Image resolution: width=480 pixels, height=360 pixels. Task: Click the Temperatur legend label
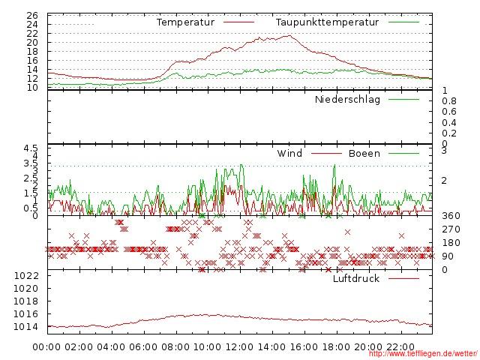185,22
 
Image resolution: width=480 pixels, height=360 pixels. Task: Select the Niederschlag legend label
347,100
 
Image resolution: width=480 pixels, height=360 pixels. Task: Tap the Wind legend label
289,154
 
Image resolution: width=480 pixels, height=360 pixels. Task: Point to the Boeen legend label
364,154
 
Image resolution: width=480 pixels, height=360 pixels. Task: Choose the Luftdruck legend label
356,279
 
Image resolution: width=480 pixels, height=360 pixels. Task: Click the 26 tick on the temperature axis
32,15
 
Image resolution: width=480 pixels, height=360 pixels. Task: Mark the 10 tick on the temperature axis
32,88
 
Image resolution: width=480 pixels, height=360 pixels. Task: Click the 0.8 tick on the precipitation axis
448,101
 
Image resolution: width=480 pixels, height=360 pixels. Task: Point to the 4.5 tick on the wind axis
30,149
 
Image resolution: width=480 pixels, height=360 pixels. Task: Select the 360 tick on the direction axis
451,217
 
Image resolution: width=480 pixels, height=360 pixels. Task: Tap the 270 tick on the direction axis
451,229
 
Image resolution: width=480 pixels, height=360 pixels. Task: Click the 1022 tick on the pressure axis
25,276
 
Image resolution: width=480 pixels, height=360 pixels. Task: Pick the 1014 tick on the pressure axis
25,327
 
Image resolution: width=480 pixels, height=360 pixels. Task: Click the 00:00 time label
47,347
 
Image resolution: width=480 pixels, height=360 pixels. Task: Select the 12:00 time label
240,347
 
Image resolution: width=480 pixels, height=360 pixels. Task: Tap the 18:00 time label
336,347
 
